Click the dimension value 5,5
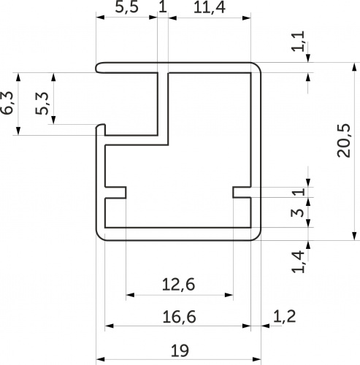[126, 7]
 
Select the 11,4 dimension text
[210, 8]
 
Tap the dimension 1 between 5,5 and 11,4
[163, 7]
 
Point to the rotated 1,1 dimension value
[299, 41]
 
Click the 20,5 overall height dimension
[344, 141]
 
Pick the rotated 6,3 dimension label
[7, 103]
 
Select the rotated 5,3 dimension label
[42, 103]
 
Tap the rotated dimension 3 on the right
[298, 212]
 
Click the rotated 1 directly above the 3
[299, 191]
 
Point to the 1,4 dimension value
[298, 261]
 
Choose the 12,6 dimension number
[178, 285]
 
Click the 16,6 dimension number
[179, 317]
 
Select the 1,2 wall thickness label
[284, 317]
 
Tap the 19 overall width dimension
[180, 350]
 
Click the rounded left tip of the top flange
[97, 67]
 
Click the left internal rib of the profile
[115, 193]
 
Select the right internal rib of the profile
[242, 193]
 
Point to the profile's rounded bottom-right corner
[258, 237]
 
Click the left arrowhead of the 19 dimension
[100, 359]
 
